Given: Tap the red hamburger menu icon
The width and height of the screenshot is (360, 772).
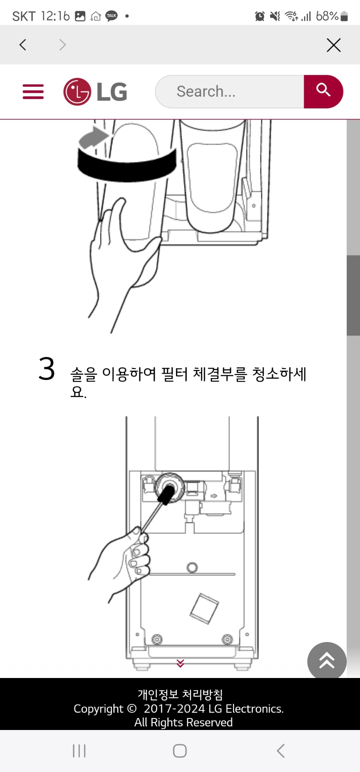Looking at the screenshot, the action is coord(33,92).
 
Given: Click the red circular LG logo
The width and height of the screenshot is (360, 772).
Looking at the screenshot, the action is coord(77,92).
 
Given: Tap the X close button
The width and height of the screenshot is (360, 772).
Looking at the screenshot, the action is coord(334,45).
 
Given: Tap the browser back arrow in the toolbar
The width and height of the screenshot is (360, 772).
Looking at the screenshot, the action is coord(23,45).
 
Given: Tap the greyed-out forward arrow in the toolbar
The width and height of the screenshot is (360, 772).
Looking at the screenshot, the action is coord(62,45).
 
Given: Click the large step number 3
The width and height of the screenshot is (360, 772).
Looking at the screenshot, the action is coord(47,369).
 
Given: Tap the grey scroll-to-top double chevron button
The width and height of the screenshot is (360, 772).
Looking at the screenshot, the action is coord(326,661).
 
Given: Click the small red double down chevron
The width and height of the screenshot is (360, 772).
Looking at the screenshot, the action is coord(180,663).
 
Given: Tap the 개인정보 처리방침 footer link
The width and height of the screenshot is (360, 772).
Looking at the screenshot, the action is coord(180,694).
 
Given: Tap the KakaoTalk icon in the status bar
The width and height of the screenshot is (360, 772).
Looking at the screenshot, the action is coord(112,16).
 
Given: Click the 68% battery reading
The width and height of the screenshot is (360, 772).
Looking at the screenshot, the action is coord(327,16).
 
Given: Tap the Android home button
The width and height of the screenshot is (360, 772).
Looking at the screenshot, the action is coord(180,751).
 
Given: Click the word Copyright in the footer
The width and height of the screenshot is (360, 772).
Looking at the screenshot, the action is coord(98,709).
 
